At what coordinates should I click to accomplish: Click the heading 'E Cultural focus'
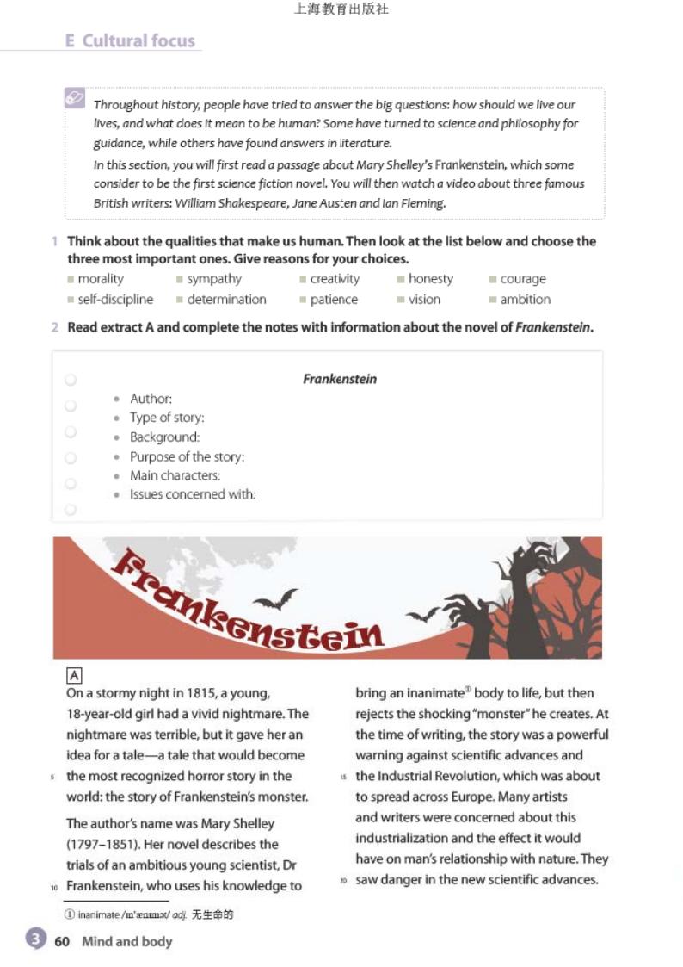point(131,40)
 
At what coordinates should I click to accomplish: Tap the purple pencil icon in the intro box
point(75,98)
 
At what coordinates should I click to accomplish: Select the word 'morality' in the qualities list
point(101,279)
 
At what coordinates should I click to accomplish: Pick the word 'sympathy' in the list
point(214,279)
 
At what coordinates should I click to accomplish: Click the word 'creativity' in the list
point(335,279)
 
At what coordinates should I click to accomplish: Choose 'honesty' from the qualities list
point(430,279)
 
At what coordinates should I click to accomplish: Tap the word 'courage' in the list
point(523,279)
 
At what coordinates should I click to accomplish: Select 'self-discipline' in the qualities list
point(115,300)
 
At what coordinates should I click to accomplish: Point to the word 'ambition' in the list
point(525,300)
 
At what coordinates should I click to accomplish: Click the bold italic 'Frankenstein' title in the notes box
point(340,379)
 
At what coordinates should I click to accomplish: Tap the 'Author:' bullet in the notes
point(151,399)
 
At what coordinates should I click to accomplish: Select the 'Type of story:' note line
point(167,418)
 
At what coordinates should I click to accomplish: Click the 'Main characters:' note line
point(175,475)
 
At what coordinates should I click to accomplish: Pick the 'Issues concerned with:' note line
point(193,494)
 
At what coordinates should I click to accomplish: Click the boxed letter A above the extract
point(74,676)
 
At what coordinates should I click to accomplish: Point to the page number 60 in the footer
point(62,941)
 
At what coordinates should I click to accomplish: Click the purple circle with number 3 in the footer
point(35,939)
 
